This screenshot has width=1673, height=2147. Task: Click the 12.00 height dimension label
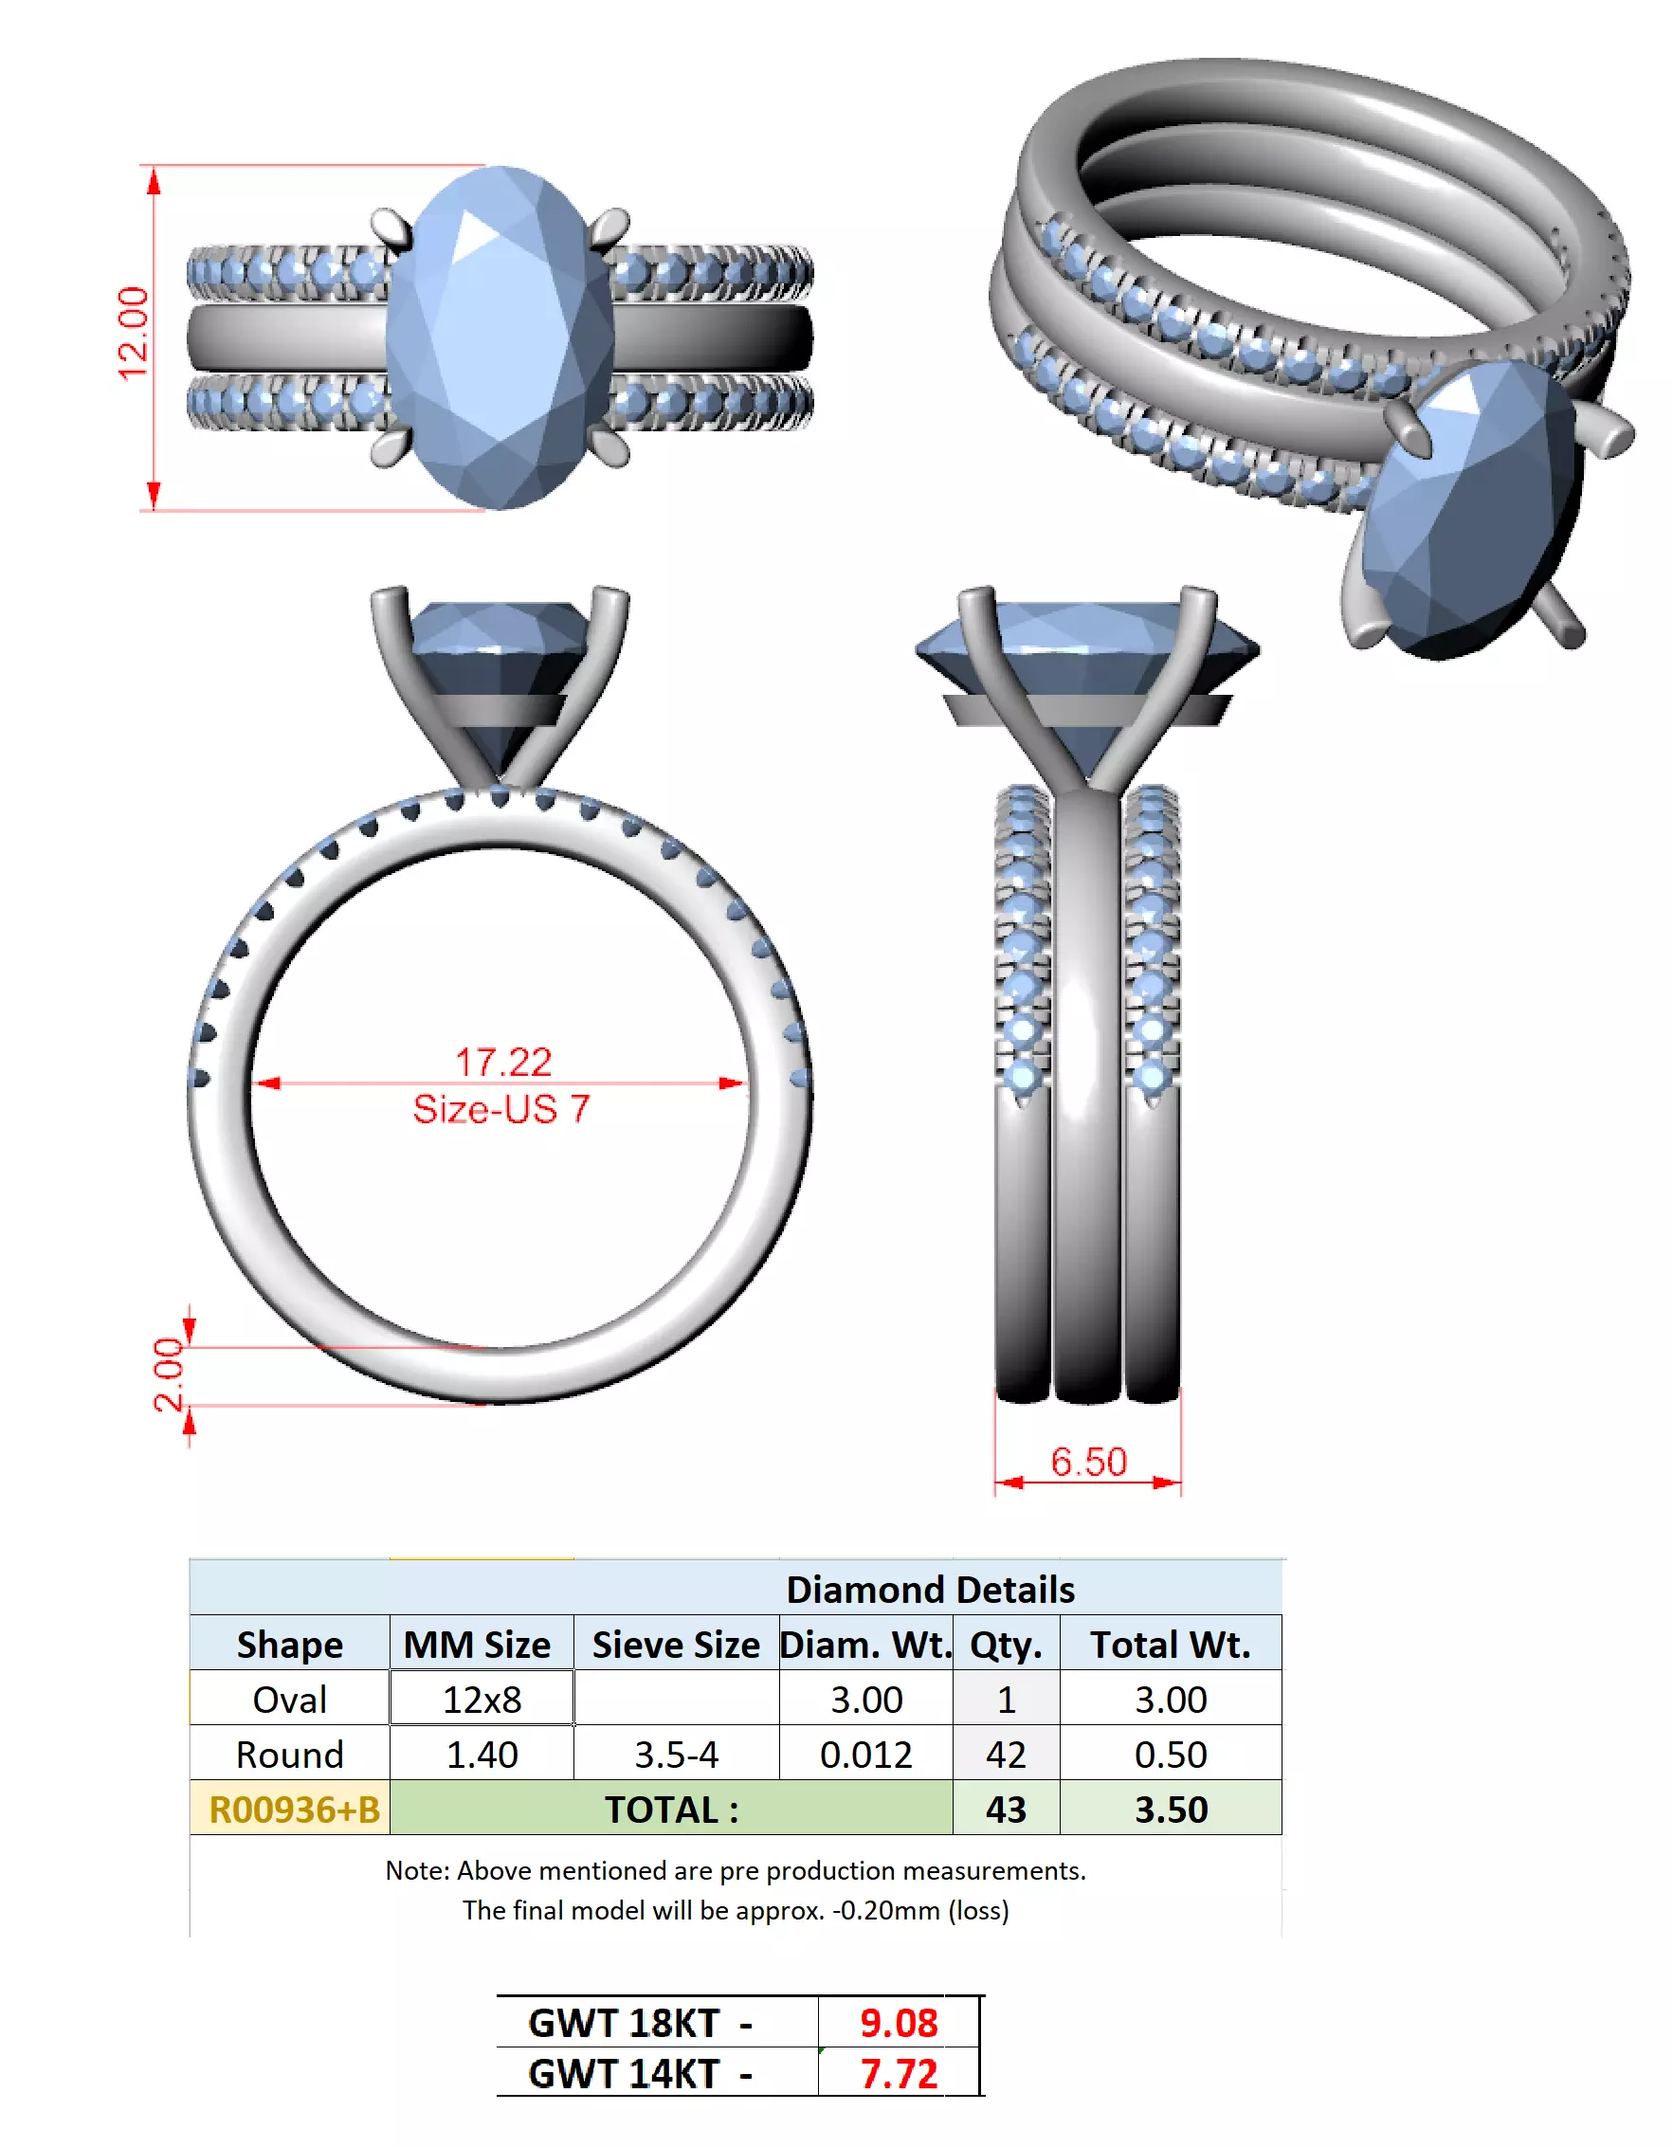click(133, 333)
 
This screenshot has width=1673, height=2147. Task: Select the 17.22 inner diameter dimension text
click(502, 1061)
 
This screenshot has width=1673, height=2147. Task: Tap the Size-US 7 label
click(500, 1108)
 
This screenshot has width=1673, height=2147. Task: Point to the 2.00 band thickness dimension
click(168, 1374)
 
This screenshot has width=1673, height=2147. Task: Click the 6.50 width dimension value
click(1087, 1461)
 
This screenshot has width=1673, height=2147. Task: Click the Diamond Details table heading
click(929, 1589)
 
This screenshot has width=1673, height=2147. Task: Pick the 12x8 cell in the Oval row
click(481, 1699)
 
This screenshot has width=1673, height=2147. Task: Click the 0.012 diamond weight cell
click(865, 1754)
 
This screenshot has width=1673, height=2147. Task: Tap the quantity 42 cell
click(1005, 1754)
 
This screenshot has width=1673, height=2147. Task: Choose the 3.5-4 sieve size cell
click(675, 1754)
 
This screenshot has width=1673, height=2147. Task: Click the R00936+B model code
click(293, 1809)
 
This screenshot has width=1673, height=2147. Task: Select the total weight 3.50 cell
click(1170, 1809)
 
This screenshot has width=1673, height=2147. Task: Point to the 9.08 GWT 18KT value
click(898, 2022)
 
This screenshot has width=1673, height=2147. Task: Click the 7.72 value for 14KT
click(898, 2073)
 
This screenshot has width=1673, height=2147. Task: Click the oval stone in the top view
click(500, 337)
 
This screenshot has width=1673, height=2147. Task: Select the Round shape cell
click(289, 1754)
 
